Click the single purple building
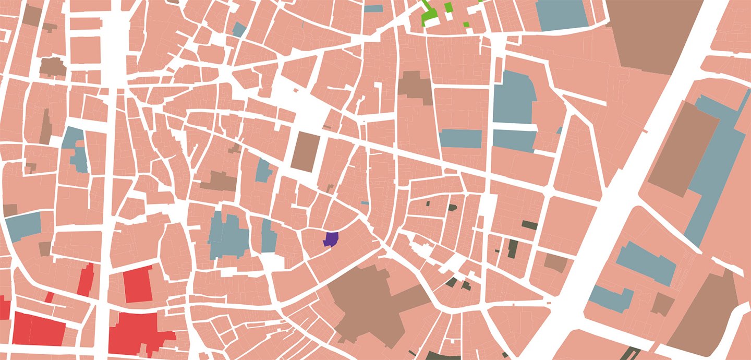click(x=331, y=239)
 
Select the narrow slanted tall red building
click(x=86, y=281)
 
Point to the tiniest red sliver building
click(x=49, y=297)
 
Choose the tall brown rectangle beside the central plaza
click(x=304, y=151)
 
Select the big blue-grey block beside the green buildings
click(x=561, y=15)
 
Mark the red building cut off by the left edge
click(x=4, y=308)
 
